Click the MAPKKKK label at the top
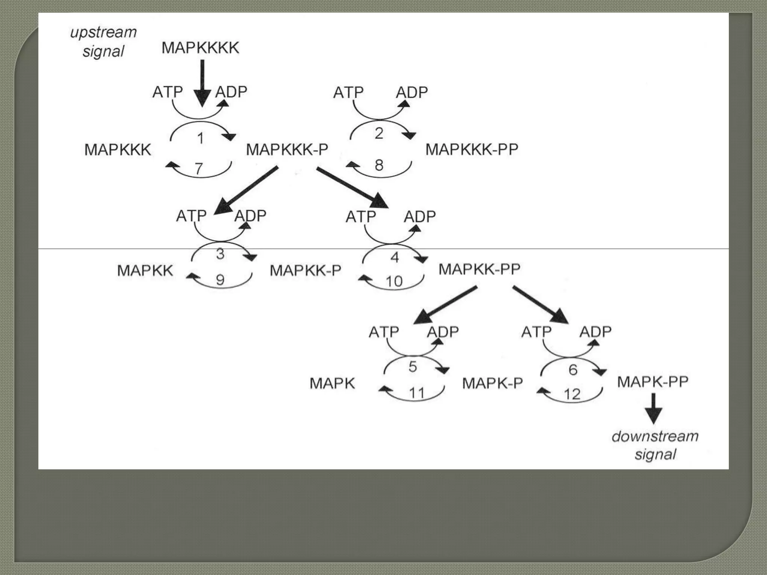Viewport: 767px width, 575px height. pyautogui.click(x=200, y=48)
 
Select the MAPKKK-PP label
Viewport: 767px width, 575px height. pyautogui.click(x=472, y=149)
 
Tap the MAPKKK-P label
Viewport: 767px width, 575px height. pyautogui.click(x=287, y=149)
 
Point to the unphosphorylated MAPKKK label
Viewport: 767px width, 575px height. pyautogui.click(x=118, y=150)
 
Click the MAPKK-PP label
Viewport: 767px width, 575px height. pyautogui.click(x=479, y=269)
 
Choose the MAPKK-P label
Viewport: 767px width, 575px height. pyautogui.click(x=305, y=270)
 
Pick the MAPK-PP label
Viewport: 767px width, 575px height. pyautogui.click(x=652, y=382)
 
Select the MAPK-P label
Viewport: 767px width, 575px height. pyautogui.click(x=492, y=383)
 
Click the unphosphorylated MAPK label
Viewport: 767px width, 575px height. pyautogui.click(x=332, y=383)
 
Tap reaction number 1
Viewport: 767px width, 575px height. pyautogui.click(x=200, y=138)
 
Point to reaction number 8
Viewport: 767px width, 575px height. pyautogui.click(x=379, y=165)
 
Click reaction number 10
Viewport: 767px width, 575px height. pyautogui.click(x=394, y=281)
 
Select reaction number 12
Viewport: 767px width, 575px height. pyautogui.click(x=572, y=394)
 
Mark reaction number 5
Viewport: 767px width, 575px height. pyautogui.click(x=412, y=366)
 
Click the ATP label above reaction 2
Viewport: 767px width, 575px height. pyautogui.click(x=348, y=92)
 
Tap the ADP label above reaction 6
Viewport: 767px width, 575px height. pyautogui.click(x=595, y=332)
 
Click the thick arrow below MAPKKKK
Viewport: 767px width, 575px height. pyautogui.click(x=202, y=84)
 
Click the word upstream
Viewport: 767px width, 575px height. pyautogui.click(x=103, y=33)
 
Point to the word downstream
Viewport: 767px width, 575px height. pyautogui.click(x=655, y=436)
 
